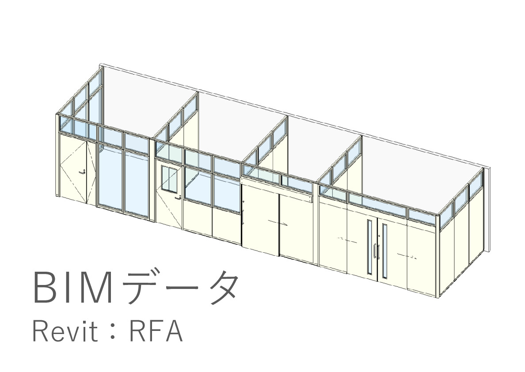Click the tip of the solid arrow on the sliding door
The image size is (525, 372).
[x=287, y=225]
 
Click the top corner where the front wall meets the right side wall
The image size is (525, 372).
[x=437, y=214]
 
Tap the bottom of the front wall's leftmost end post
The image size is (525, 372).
[x=57, y=196]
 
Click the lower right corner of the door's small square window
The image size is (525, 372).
[x=177, y=193]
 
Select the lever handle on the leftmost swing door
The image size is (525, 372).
[x=82, y=172]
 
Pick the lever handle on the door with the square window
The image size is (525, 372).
[x=178, y=197]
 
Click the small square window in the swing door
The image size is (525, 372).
[x=169, y=179]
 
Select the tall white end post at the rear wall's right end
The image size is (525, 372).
[x=487, y=209]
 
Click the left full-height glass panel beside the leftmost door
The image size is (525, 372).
[x=110, y=179]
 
